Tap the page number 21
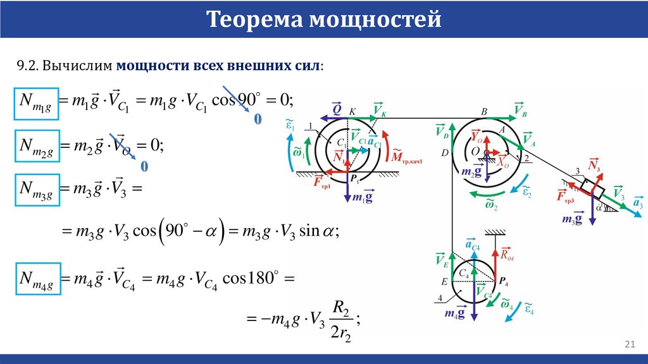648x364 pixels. pos(629,344)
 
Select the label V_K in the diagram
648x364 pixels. pos(380,109)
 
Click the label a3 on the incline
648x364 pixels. pos(637,203)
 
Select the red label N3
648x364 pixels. pos(594,165)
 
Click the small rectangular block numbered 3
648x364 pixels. pos(593,187)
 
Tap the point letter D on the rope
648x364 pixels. pos(445,153)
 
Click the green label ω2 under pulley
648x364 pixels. pos(492,203)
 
